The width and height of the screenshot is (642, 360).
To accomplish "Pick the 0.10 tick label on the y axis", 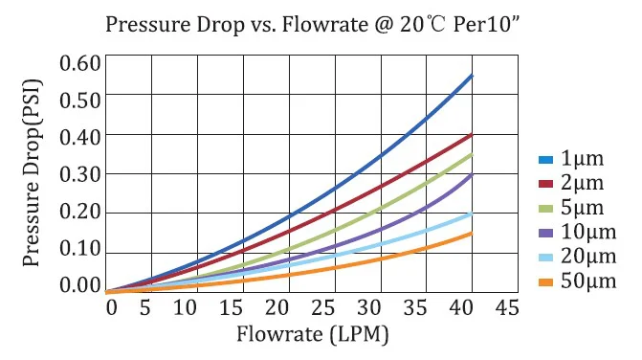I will coord(79,251).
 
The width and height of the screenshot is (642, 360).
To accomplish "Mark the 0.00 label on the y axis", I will coord(79,286).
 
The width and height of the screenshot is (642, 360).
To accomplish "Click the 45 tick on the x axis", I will coord(508,308).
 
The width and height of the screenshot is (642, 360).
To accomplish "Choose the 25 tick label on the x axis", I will coord(330,308).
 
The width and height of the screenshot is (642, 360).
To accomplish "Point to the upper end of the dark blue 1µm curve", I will coord(472,76).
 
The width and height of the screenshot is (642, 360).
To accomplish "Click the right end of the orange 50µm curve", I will coord(472,233).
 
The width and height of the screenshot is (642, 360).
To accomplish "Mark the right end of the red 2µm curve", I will coord(472,135).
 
